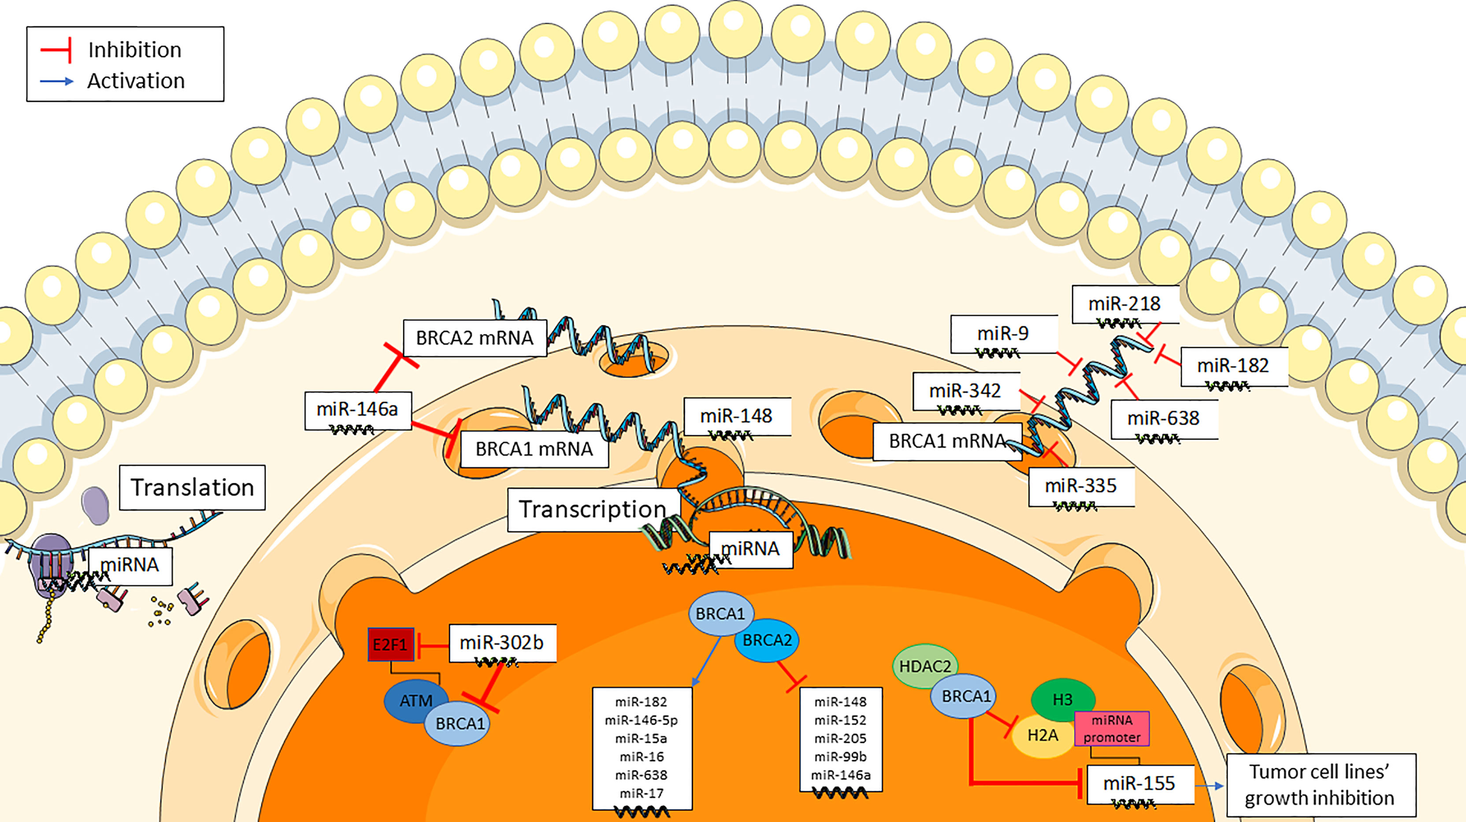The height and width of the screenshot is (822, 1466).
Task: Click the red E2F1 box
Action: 390,644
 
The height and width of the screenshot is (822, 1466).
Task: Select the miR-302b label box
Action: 502,643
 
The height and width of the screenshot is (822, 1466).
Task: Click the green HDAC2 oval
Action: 925,666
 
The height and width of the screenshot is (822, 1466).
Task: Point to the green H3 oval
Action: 1062,699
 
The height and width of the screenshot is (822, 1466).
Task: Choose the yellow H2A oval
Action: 1043,736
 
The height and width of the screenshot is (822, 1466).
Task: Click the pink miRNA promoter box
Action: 1111,729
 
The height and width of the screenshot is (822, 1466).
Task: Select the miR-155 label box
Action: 1139,783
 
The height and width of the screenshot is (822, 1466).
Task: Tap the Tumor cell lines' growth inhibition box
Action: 1320,785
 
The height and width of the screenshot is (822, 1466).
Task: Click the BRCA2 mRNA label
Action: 475,338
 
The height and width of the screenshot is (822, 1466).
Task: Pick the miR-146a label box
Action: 357,410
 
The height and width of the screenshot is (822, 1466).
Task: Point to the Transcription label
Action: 592,509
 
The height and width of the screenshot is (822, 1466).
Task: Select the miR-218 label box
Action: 1125,304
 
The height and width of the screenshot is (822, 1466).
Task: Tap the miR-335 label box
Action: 1081,486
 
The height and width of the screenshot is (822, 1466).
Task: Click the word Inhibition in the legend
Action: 135,50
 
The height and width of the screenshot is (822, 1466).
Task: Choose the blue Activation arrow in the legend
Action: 57,81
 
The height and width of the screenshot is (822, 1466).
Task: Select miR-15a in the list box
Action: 642,738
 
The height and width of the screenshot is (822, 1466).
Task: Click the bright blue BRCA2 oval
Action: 767,641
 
